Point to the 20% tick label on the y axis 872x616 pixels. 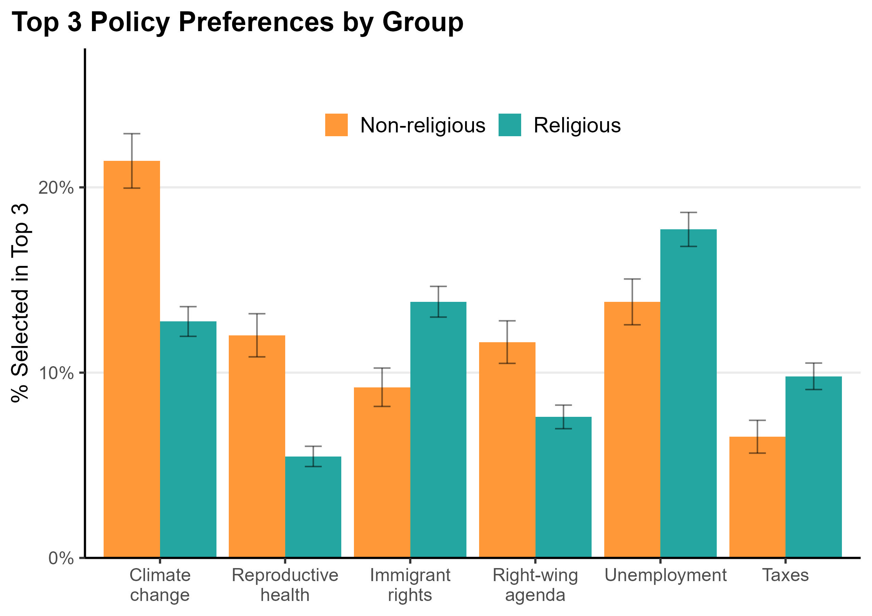pos(56,188)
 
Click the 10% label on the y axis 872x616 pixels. pos(56,373)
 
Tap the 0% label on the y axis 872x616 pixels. pos(61,558)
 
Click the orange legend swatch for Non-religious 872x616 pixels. pos(336,125)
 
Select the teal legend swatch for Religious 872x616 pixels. pos(509,125)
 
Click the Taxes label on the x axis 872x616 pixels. pos(785,575)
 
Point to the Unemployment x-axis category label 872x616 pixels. pos(665,575)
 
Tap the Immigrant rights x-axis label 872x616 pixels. pos(410,585)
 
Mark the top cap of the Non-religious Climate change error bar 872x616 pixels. pos(131,134)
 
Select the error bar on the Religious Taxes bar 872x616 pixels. pos(813,376)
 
